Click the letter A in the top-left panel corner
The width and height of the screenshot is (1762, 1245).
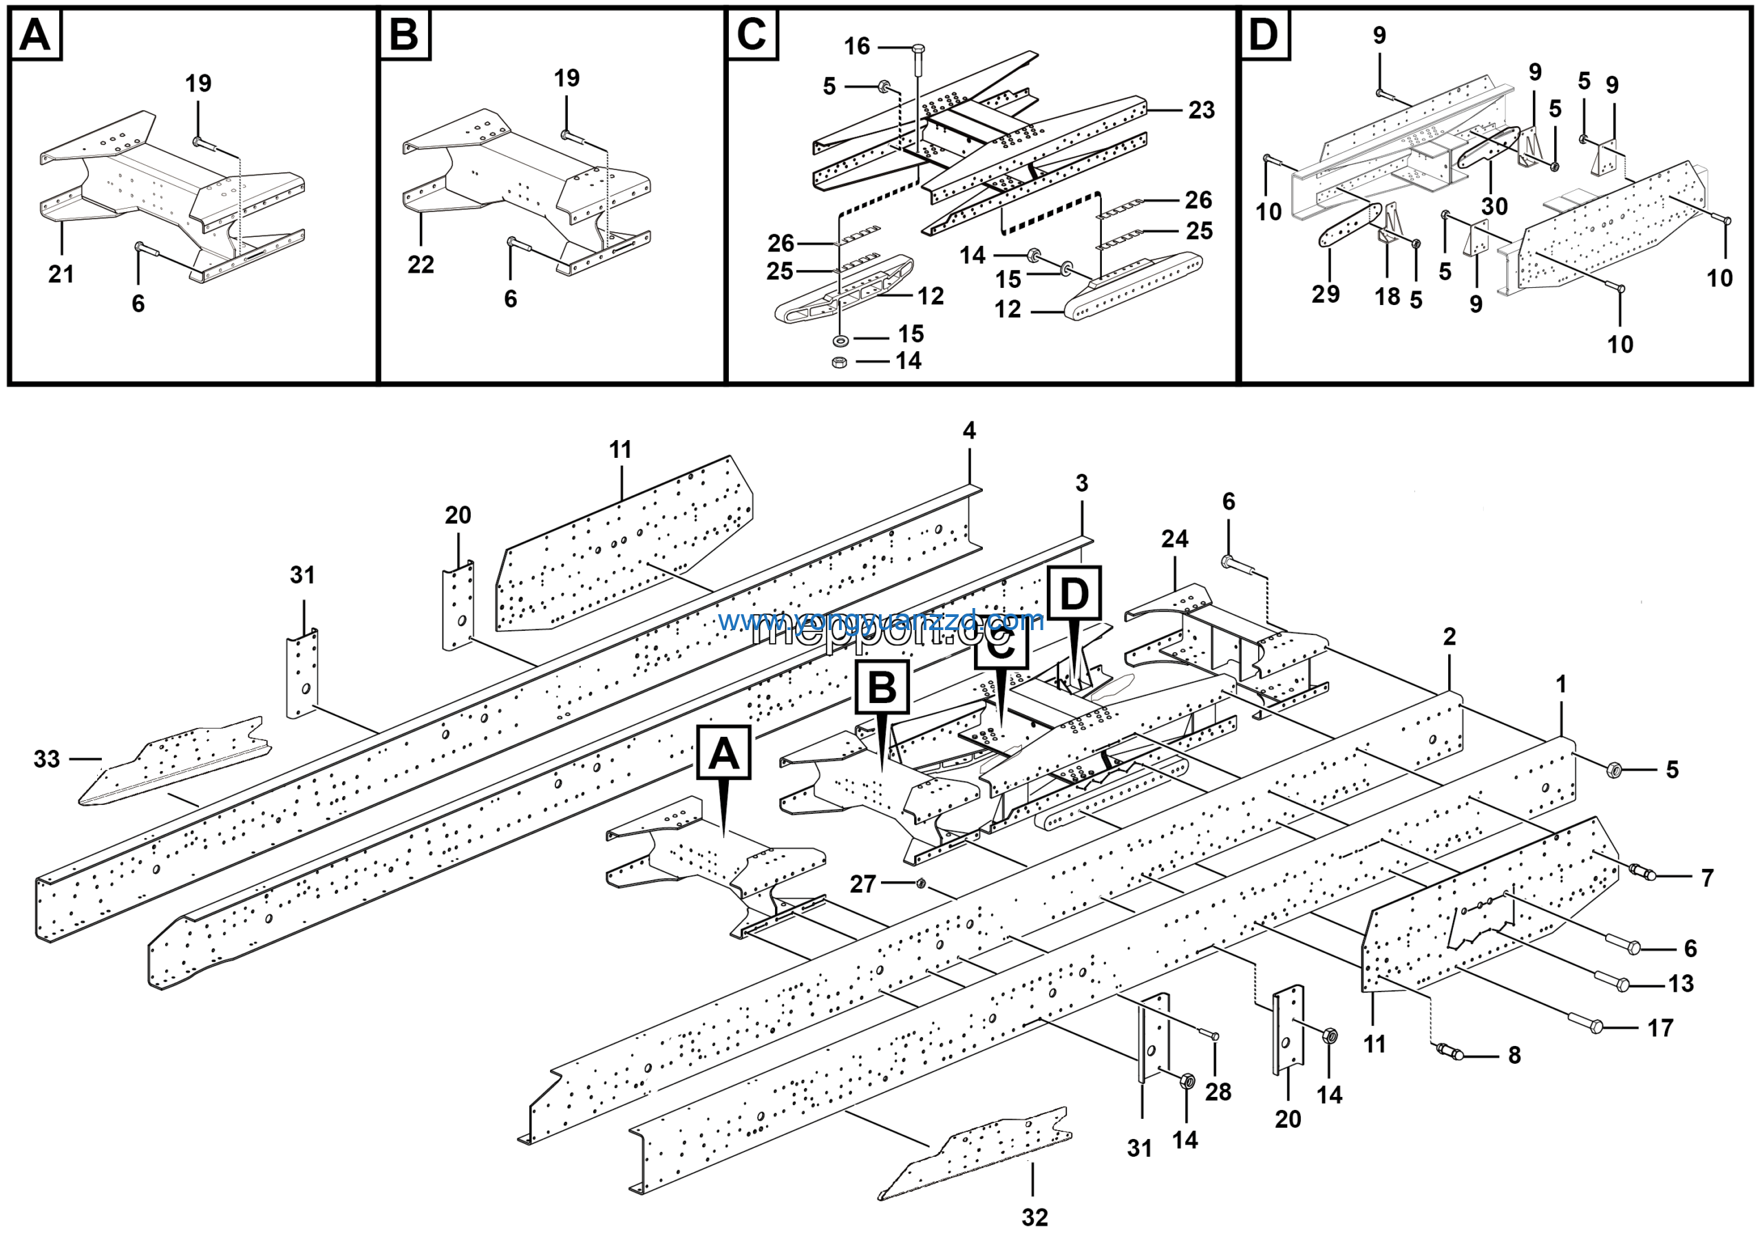(x=35, y=35)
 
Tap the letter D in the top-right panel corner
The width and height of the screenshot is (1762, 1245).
(x=1264, y=35)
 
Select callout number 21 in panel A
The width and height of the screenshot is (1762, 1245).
(x=61, y=274)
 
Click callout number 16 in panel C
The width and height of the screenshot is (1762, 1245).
(x=857, y=47)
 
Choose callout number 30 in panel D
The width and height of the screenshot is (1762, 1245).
(x=1494, y=207)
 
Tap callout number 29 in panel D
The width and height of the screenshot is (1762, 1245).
(x=1326, y=294)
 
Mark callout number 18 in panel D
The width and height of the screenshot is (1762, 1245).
(x=1388, y=297)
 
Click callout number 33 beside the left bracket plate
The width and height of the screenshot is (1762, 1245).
(x=47, y=759)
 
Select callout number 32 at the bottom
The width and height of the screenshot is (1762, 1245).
(x=1034, y=1217)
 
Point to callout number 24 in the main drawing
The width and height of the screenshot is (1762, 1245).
(x=1174, y=539)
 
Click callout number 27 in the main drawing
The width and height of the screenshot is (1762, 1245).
(x=862, y=884)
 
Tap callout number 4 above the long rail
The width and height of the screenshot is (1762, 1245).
(x=969, y=430)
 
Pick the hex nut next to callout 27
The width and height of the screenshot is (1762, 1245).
(x=922, y=884)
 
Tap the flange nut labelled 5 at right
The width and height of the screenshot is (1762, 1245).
(x=1613, y=768)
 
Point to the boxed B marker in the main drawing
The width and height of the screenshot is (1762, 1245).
(x=882, y=687)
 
